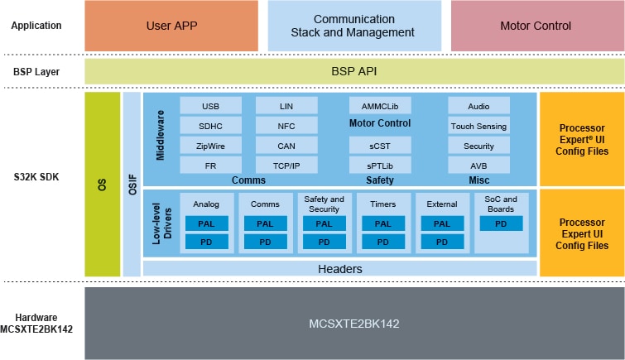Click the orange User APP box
pyautogui.click(x=171, y=26)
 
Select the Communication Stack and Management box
pyautogui.click(x=353, y=26)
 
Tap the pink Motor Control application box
pyautogui.click(x=536, y=26)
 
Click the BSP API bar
pyautogui.click(x=353, y=72)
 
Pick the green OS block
pyautogui.click(x=103, y=185)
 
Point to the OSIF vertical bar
pyautogui.click(x=132, y=185)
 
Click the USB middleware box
pyautogui.click(x=210, y=106)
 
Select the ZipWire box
pyautogui.click(x=210, y=146)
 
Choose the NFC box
pyautogui.click(x=286, y=126)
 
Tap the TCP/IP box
pyautogui.click(x=286, y=166)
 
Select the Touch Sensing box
pyautogui.click(x=478, y=126)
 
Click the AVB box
pyautogui.click(x=478, y=166)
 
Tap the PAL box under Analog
pyautogui.click(x=206, y=223)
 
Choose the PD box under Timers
pyautogui.click(x=383, y=242)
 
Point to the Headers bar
pyautogui.click(x=340, y=269)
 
